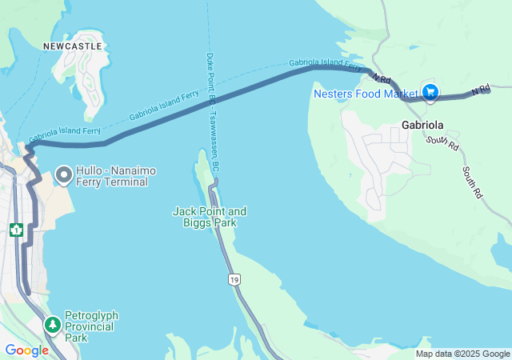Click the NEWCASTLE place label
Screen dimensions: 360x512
coord(73,46)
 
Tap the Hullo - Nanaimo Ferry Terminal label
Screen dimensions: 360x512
coord(112,177)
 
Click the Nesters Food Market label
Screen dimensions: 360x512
coord(366,94)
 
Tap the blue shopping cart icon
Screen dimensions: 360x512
coord(430,93)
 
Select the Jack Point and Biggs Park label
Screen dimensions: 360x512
coord(210,217)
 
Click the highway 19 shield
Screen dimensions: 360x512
coord(233,279)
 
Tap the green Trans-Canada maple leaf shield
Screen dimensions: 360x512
coord(15,230)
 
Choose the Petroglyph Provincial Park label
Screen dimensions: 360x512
coord(90,326)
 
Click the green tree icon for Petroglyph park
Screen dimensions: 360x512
coord(53,325)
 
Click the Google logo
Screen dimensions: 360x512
coord(26,350)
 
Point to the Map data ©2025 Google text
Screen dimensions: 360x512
coord(462,354)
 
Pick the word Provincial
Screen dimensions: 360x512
coord(90,326)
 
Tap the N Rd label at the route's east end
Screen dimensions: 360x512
coord(480,90)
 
